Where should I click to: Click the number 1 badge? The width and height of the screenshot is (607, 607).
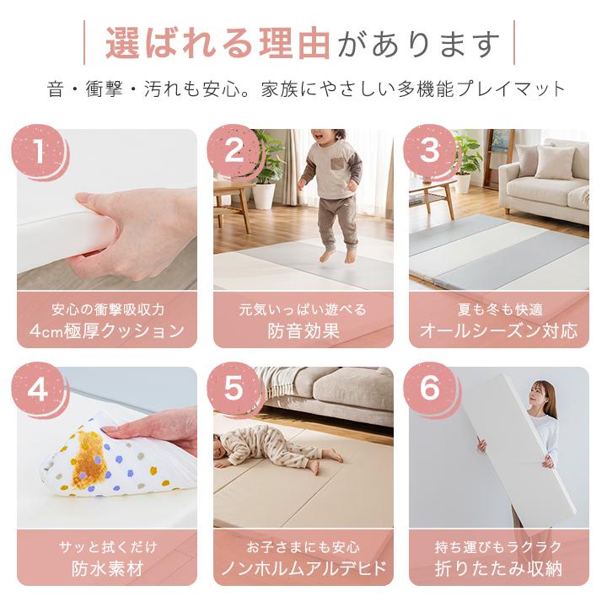pos(38,150)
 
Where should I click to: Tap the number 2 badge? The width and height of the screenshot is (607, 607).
pos(234,150)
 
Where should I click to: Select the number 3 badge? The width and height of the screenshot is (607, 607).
pos(430,150)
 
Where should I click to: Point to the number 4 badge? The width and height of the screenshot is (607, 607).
pos(38,389)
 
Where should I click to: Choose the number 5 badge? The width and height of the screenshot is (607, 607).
pos(234,389)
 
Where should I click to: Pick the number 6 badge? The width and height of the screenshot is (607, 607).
pos(430,389)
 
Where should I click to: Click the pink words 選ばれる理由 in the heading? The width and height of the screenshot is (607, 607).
pos(218,43)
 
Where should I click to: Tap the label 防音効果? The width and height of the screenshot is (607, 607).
pos(303,331)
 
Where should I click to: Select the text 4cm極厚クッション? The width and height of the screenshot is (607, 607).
pos(107,331)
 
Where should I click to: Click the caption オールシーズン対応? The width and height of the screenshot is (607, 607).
pos(499,331)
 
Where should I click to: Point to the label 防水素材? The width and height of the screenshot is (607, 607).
pos(107,568)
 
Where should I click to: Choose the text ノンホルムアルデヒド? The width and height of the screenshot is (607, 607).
pos(303,568)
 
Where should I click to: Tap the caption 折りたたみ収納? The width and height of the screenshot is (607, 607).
pos(499,568)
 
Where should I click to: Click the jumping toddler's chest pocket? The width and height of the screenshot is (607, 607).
pos(337,164)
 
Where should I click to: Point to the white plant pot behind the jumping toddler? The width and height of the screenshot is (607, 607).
pos(264,196)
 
